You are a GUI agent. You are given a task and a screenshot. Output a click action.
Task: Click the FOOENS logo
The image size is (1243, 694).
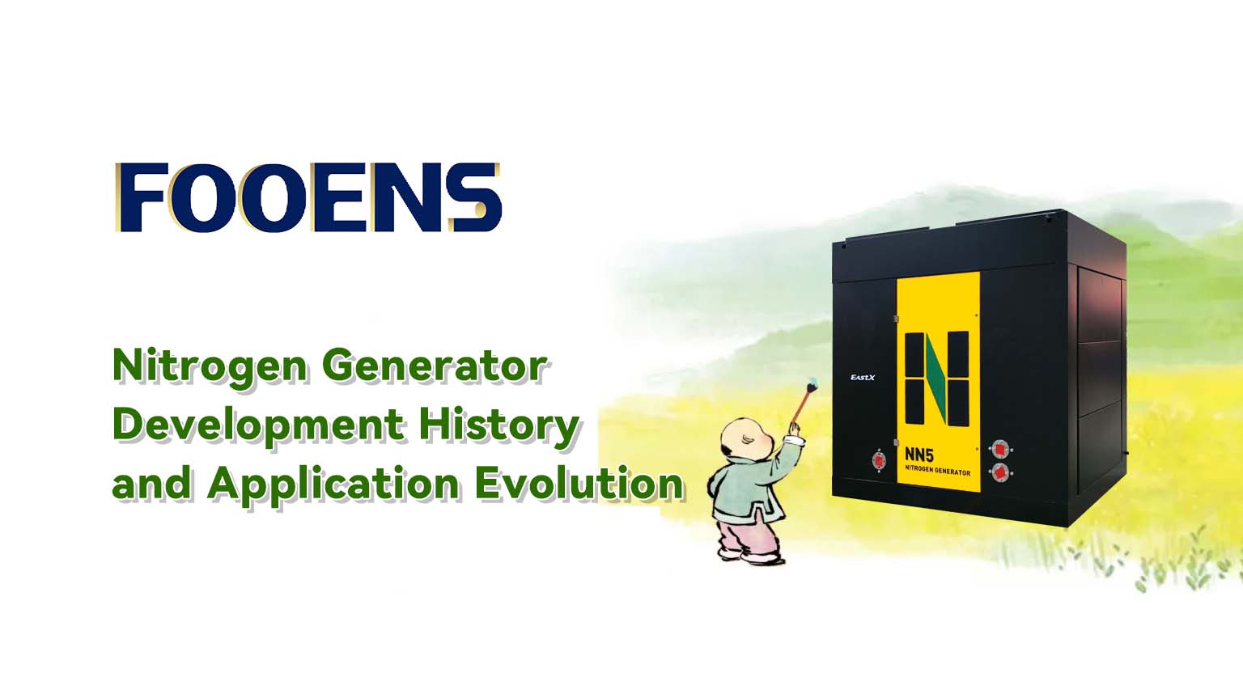pyautogui.click(x=308, y=197)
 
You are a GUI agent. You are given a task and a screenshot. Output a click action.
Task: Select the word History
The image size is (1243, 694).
pyautogui.click(x=498, y=425)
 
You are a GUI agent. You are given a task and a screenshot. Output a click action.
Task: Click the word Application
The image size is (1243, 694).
pyautogui.click(x=333, y=485)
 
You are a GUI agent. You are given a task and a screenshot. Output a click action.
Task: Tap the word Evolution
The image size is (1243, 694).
pyautogui.click(x=579, y=483)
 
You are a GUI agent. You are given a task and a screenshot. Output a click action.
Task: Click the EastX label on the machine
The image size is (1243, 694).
pyautogui.click(x=863, y=378)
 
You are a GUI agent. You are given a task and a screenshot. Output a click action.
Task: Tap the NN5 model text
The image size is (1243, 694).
pyautogui.click(x=919, y=455)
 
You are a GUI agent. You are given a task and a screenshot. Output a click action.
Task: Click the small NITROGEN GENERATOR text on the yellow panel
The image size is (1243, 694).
pyautogui.click(x=938, y=471)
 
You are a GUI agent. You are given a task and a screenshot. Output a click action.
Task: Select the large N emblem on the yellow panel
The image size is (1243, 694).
pyautogui.click(x=937, y=379)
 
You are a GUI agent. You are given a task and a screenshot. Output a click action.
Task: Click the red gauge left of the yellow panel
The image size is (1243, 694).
pyautogui.click(x=879, y=460)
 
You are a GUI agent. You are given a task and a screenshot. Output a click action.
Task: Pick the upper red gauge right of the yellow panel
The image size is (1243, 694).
pyautogui.click(x=1000, y=449)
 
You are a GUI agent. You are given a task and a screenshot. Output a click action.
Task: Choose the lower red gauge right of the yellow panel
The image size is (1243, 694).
pyautogui.click(x=1000, y=472)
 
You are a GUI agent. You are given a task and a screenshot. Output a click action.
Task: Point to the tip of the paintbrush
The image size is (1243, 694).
pyautogui.click(x=813, y=383)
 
